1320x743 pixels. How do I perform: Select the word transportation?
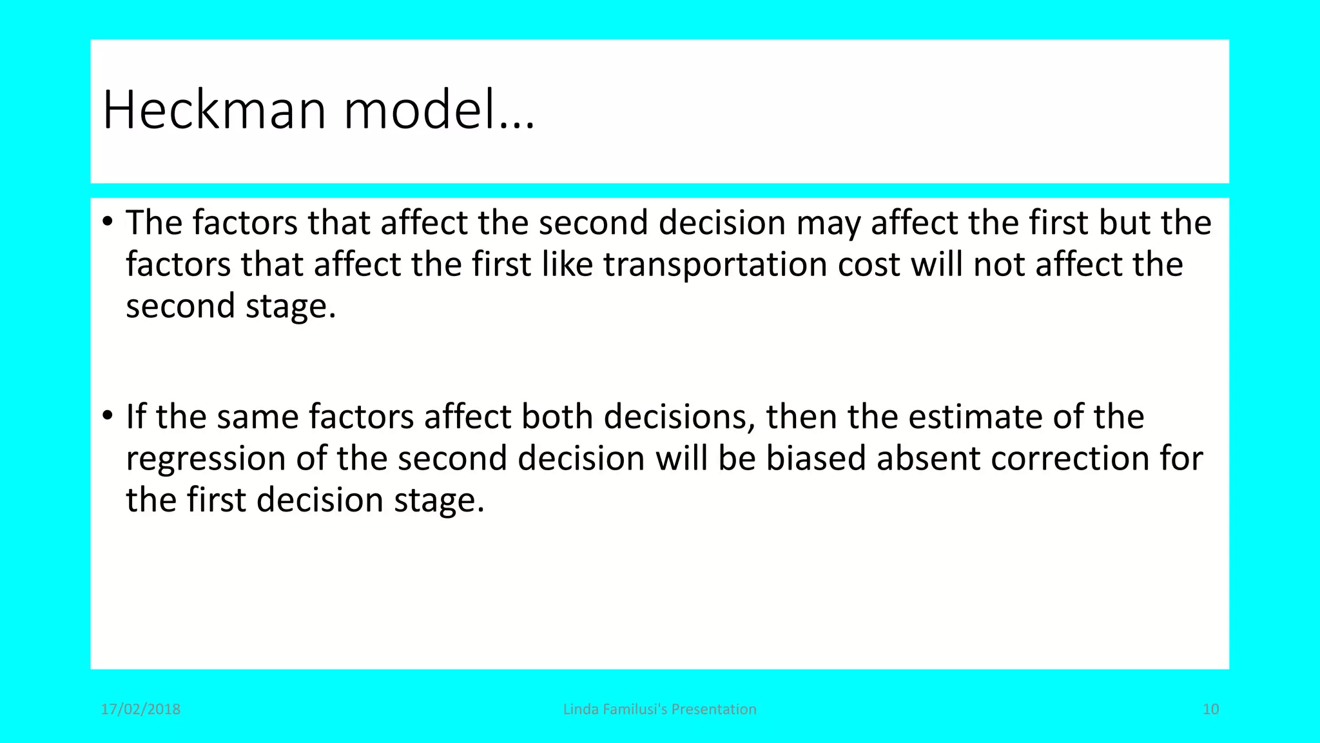click(715, 264)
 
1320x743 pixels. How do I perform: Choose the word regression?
click(206, 459)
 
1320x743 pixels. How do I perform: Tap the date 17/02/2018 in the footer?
click(141, 709)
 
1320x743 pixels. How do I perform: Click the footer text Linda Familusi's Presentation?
click(659, 709)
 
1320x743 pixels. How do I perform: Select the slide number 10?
click(1210, 709)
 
